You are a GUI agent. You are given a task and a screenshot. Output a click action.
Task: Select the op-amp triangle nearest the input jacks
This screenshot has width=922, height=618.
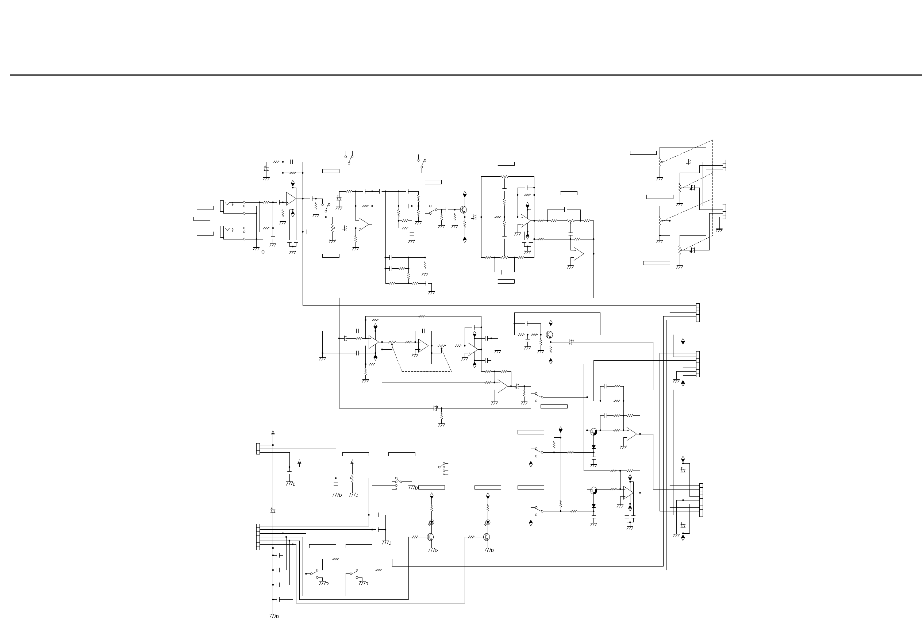tap(291, 199)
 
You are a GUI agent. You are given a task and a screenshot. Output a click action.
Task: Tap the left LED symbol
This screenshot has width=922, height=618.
tap(431, 522)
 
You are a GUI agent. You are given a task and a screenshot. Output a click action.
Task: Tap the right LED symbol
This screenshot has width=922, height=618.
tap(488, 522)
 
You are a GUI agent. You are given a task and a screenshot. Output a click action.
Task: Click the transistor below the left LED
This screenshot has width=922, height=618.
tap(431, 537)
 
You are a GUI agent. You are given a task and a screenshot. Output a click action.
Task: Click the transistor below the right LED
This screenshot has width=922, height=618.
tap(487, 537)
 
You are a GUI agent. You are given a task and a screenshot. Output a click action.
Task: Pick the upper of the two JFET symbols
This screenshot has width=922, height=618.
tap(593, 431)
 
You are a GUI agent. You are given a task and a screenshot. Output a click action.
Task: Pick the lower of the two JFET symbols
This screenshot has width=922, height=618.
tap(593, 491)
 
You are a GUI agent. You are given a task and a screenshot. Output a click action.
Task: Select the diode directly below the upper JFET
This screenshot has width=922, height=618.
tap(593, 447)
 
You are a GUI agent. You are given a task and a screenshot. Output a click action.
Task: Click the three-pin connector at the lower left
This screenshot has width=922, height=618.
tap(258, 449)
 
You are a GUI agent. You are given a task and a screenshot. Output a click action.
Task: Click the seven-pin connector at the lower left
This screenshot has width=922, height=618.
tap(258, 537)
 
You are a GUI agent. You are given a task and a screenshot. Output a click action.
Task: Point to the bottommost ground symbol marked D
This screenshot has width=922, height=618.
tap(273, 615)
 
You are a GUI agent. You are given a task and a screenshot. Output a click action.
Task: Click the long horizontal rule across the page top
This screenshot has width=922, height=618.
tap(465, 75)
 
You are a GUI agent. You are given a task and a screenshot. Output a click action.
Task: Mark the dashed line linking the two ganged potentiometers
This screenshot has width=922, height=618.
tap(426, 371)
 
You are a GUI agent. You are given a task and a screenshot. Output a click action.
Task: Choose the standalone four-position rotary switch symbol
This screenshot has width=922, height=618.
tap(443, 469)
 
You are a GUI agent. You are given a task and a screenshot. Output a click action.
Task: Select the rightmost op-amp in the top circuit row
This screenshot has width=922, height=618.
tap(578, 254)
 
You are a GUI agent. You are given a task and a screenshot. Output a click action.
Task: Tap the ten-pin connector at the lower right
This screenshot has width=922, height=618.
tap(701, 500)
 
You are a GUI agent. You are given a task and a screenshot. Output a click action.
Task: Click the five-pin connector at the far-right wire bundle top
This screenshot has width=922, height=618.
tap(698, 312)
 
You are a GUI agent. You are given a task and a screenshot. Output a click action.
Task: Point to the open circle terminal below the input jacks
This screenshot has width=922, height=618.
tap(263, 252)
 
